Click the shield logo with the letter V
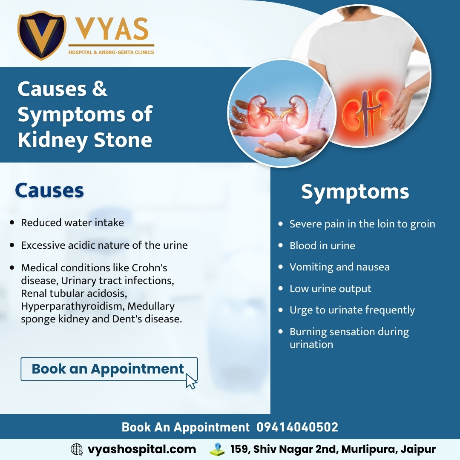click(x=42, y=35)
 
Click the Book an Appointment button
click(x=109, y=369)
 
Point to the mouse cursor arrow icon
click(x=191, y=381)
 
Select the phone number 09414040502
click(x=297, y=427)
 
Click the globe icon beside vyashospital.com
click(x=77, y=449)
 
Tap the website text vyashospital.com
click(x=142, y=449)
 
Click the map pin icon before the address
click(x=217, y=449)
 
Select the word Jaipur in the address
click(x=418, y=449)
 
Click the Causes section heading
click(x=49, y=190)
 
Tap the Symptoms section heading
click(x=355, y=192)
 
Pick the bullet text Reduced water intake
click(x=72, y=223)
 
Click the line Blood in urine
click(x=322, y=246)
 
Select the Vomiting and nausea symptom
click(x=340, y=267)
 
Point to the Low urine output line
click(x=331, y=289)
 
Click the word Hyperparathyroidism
click(x=72, y=306)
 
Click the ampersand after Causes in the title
click(x=99, y=89)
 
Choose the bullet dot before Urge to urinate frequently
click(x=280, y=310)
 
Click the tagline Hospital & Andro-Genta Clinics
click(x=111, y=52)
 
